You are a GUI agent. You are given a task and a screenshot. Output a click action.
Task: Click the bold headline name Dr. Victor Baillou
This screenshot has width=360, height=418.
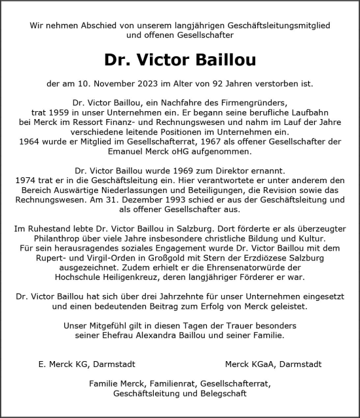point(180,60)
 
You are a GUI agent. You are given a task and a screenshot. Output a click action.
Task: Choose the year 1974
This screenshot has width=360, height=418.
point(26,180)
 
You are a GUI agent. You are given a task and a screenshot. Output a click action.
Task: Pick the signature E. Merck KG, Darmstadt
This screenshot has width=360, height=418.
point(87,364)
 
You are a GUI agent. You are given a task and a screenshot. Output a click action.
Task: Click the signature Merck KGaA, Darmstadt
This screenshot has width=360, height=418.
point(273,364)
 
